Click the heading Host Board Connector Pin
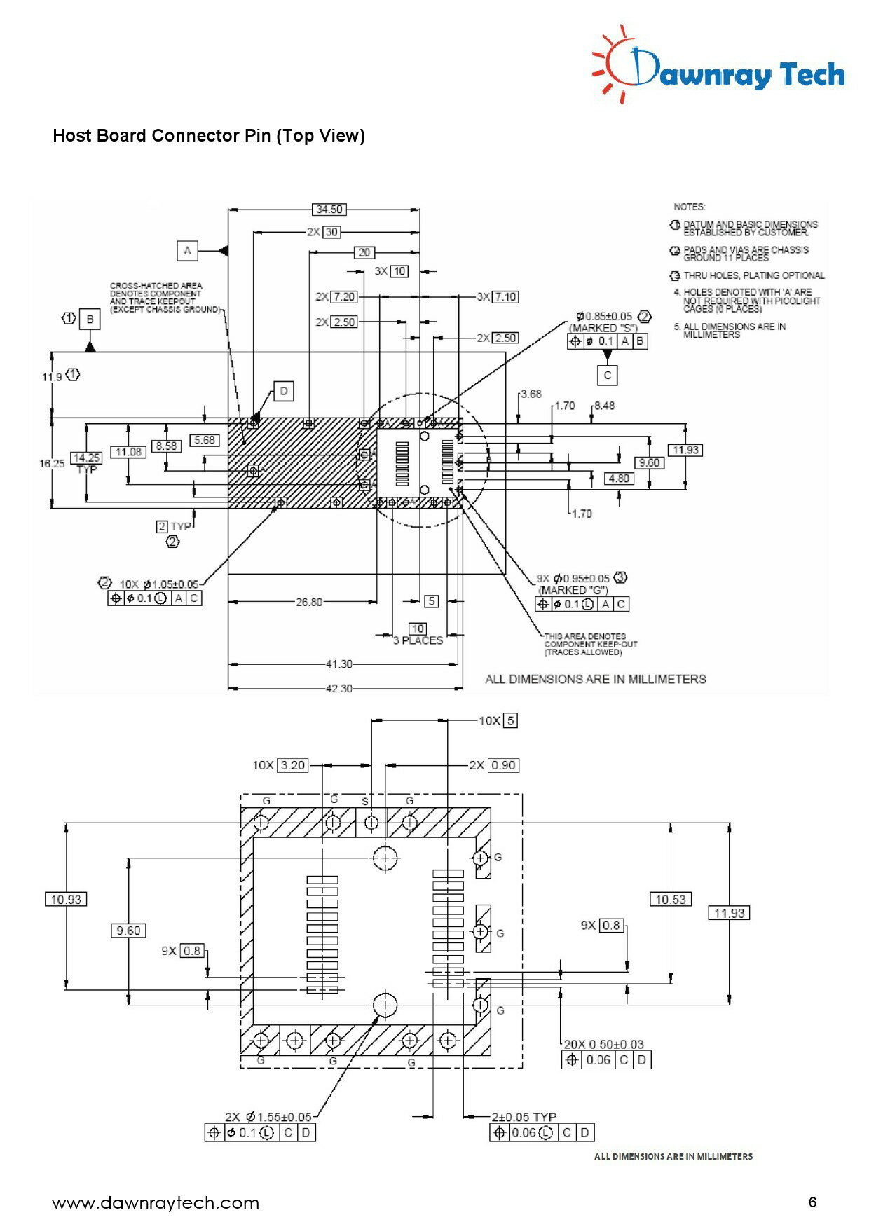pyautogui.click(x=208, y=135)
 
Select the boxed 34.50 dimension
pyautogui.click(x=329, y=210)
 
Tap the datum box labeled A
pyautogui.click(x=187, y=251)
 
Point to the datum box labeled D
pyautogui.click(x=284, y=391)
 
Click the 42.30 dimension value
pyautogui.click(x=338, y=689)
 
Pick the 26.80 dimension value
pyautogui.click(x=309, y=602)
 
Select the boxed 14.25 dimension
pyautogui.click(x=86, y=458)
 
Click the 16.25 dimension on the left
pyautogui.click(x=52, y=463)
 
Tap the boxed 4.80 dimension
pyautogui.click(x=619, y=479)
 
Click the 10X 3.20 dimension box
pyautogui.click(x=292, y=765)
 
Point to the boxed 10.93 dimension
pyautogui.click(x=66, y=899)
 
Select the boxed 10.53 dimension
pyautogui.click(x=670, y=899)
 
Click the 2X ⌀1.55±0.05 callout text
pyautogui.click(x=268, y=1117)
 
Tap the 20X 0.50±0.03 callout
pyautogui.click(x=603, y=1045)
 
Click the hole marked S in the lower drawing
pyautogui.click(x=372, y=822)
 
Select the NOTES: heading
pyautogui.click(x=690, y=207)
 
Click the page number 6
pyautogui.click(x=812, y=1202)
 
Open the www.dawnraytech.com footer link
pyautogui.click(x=156, y=1203)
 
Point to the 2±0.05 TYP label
pyautogui.click(x=524, y=1117)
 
